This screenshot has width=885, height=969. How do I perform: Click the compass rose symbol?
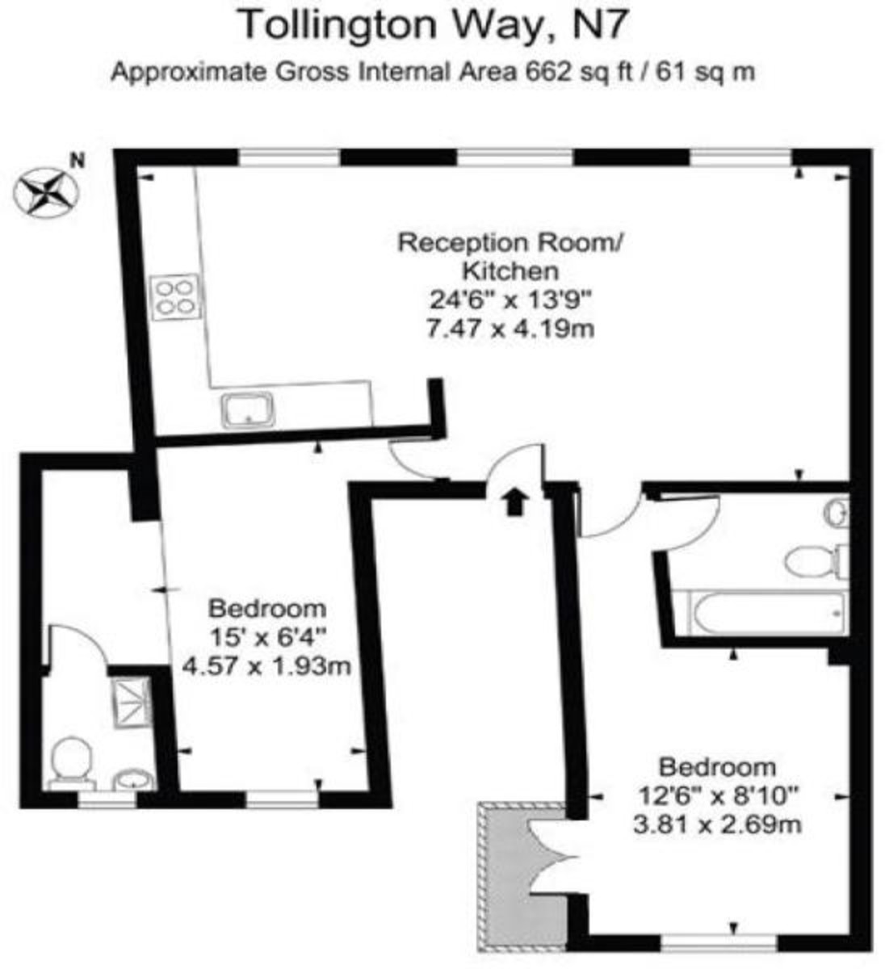45,191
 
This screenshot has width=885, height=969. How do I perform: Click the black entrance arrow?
514,501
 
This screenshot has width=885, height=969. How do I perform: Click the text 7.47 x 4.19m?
512,329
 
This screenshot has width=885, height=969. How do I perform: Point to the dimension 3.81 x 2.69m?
718,825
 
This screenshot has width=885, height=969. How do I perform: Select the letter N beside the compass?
78,160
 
